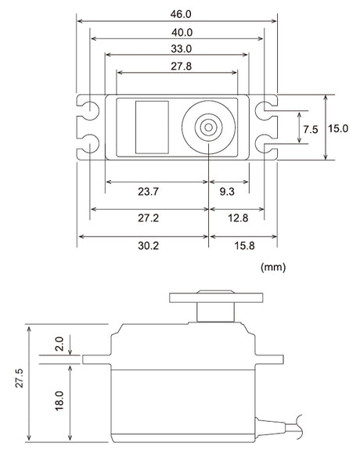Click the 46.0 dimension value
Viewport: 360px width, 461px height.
click(x=181, y=14)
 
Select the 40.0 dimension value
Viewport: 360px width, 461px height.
click(x=182, y=32)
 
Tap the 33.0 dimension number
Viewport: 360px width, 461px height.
click(x=182, y=49)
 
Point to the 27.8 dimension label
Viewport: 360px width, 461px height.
click(x=182, y=67)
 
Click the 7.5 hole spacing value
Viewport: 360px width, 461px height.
click(x=311, y=129)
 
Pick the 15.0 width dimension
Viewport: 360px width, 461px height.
click(x=338, y=128)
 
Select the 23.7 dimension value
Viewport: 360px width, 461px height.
click(x=149, y=192)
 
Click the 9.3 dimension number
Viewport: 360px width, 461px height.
click(x=227, y=192)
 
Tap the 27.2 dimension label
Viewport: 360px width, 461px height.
click(x=149, y=218)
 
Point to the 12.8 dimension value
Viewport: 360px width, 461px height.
click(x=238, y=218)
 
